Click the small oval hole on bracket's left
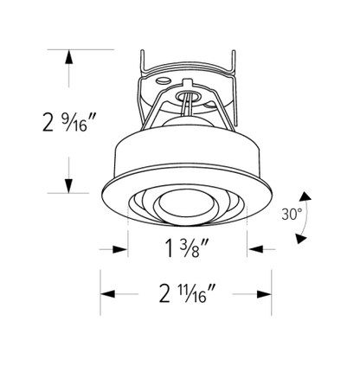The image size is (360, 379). [x=162, y=80]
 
